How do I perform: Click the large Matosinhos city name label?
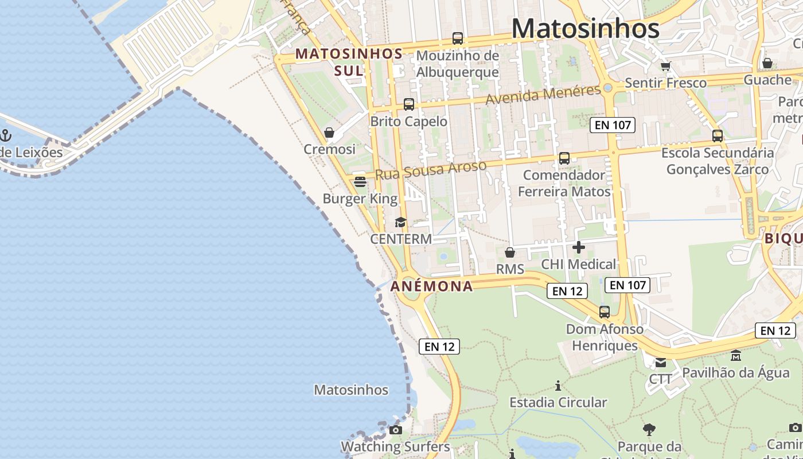[585, 28]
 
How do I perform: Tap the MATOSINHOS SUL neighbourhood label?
[349, 62]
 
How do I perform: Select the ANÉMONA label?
[432, 286]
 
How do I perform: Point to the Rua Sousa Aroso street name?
[431, 170]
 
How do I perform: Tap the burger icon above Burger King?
[360, 182]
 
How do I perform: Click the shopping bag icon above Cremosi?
[329, 133]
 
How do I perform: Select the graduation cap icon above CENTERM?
[400, 222]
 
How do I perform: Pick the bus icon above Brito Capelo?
[408, 104]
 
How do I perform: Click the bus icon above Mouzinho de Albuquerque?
[457, 38]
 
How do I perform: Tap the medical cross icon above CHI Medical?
[579, 247]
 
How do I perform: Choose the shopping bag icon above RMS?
[509, 252]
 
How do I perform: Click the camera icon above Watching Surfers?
[395, 430]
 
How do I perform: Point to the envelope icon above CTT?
[661, 362]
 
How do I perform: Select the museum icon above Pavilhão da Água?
[736, 356]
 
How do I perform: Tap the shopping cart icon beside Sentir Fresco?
[665, 66]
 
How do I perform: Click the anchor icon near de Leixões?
[6, 136]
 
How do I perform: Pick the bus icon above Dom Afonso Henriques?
[604, 312]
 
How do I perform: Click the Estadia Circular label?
[558, 402]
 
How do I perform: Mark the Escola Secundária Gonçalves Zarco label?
[717, 161]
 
